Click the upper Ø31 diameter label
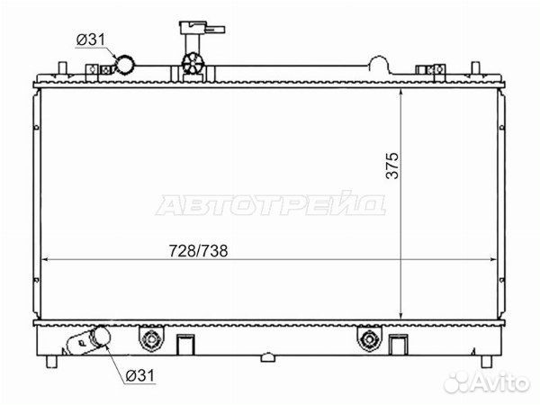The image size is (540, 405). [x=90, y=40]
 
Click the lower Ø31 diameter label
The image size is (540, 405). [x=140, y=375]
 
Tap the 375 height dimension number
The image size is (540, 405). [x=391, y=166]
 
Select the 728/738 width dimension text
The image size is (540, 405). [x=198, y=251]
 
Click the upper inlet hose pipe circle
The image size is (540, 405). [x=125, y=65]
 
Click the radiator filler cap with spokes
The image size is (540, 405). [x=193, y=64]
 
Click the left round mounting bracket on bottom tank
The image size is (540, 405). [x=151, y=339]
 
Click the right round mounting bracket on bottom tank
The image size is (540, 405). [x=370, y=339]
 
